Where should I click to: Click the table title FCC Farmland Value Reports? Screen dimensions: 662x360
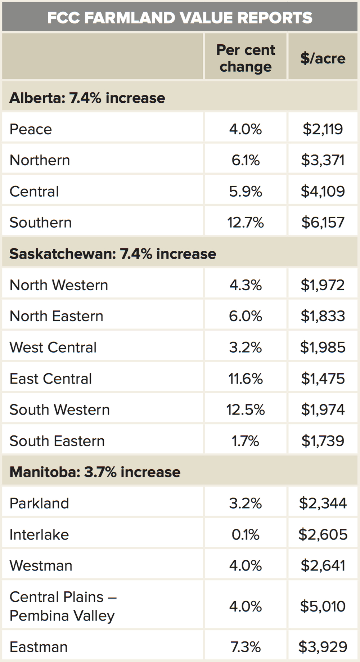click(180, 18)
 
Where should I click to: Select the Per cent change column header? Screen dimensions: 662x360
click(246, 58)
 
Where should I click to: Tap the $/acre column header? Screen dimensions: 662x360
click(323, 58)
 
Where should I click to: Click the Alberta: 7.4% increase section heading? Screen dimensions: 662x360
click(87, 98)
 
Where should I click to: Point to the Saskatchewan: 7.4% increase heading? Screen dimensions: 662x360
click(113, 254)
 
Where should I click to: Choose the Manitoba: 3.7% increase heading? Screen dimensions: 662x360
click(95, 472)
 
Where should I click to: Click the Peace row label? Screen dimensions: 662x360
click(31, 129)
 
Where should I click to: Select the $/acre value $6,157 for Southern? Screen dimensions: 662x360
click(323, 223)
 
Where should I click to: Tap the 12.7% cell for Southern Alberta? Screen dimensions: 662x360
click(246, 223)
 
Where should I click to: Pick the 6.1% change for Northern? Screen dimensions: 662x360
click(246, 160)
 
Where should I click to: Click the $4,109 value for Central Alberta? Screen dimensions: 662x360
click(323, 191)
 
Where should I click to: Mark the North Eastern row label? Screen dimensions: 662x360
click(57, 316)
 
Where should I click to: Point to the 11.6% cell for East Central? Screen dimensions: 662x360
click(246, 379)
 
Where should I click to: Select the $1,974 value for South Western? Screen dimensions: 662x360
click(323, 410)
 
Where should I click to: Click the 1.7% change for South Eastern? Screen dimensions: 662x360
click(246, 441)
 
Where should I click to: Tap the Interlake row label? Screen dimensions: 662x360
click(39, 534)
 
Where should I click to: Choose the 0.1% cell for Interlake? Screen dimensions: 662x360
click(246, 534)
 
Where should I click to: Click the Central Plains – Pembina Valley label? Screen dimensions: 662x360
click(63, 606)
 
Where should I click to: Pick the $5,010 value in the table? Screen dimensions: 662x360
click(323, 606)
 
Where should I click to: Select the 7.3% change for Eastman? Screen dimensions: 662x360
click(246, 647)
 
